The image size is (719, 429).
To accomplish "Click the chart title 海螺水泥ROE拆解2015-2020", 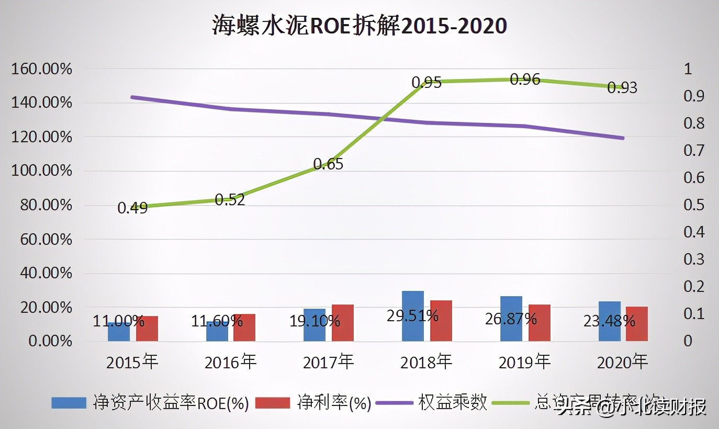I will [359, 25].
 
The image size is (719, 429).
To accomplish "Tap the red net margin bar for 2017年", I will [343, 323].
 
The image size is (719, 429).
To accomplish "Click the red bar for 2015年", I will [147, 329].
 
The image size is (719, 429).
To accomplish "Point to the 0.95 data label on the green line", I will [426, 83].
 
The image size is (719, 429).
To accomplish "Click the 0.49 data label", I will [132, 208].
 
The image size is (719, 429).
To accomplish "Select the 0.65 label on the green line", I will [328, 165].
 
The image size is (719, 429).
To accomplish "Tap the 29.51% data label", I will [412, 315].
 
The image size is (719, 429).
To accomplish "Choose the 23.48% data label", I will [609, 321].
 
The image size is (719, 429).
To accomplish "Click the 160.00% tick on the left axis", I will [41, 69].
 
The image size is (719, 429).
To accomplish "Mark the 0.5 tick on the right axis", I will [694, 205].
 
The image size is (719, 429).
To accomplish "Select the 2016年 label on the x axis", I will [230, 362].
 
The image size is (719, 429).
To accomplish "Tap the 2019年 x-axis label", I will [524, 362].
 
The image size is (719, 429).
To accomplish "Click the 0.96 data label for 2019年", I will [525, 80].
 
